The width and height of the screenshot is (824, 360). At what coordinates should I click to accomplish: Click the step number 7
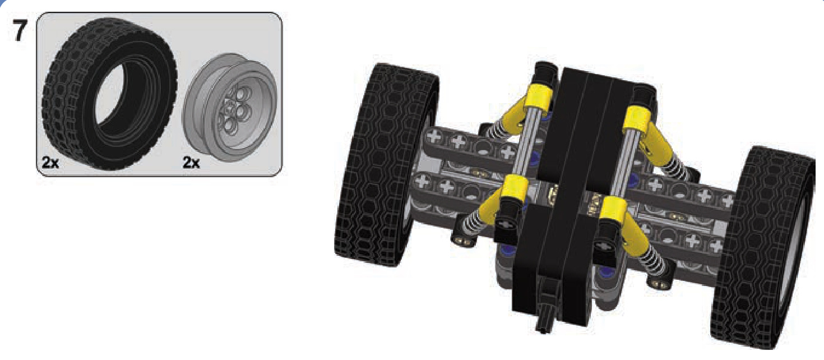pos(20,30)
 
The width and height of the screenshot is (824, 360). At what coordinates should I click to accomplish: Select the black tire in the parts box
pos(110,94)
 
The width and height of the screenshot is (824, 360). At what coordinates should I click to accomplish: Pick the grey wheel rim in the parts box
pos(229,108)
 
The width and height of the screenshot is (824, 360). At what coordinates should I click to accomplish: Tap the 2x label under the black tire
pos(50,162)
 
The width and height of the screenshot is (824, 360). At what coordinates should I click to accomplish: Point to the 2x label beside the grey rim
pos(191,162)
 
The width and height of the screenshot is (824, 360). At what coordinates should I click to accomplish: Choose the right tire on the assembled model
pos(763,247)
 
